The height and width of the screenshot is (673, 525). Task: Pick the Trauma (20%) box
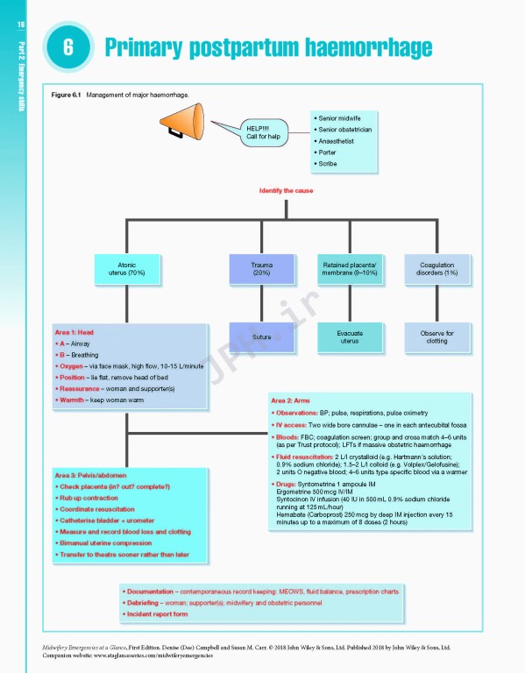(x=261, y=268)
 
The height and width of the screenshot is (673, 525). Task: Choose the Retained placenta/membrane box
(x=349, y=268)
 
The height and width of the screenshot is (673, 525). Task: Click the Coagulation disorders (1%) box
(x=437, y=268)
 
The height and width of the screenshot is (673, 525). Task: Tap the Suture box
(x=261, y=337)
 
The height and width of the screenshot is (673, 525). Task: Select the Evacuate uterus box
(x=349, y=336)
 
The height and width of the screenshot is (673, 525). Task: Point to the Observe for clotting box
(x=437, y=336)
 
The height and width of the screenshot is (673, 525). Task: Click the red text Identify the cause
(x=286, y=190)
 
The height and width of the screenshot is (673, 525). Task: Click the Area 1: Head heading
(x=74, y=333)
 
